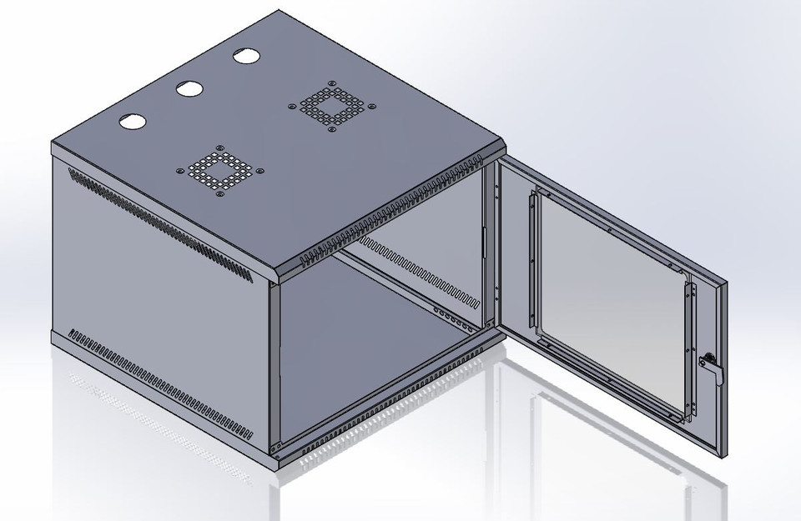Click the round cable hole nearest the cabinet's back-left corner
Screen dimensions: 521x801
(x=131, y=121)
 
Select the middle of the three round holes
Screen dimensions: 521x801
(x=189, y=87)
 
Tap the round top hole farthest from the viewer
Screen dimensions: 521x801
(x=246, y=57)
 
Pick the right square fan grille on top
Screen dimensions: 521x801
(x=330, y=106)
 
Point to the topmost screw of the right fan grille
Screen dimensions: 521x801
(x=332, y=83)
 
